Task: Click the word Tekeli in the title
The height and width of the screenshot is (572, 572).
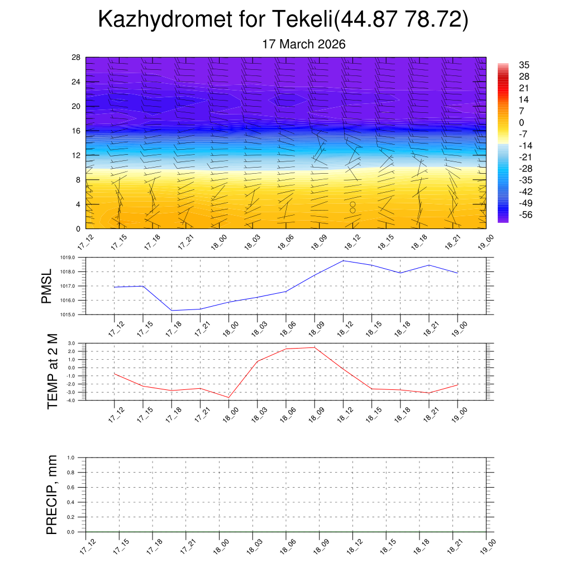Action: click(303, 20)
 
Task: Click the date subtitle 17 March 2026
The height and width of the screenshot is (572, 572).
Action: click(304, 44)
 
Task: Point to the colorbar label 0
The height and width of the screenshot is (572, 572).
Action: click(522, 123)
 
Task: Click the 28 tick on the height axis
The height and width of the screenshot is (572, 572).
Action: click(76, 58)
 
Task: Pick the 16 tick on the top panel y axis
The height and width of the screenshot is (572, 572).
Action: click(76, 131)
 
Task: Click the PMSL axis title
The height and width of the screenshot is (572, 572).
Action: click(47, 286)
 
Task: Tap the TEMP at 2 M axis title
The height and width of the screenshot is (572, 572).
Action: click(53, 371)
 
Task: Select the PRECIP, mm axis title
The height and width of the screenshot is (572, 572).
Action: click(52, 494)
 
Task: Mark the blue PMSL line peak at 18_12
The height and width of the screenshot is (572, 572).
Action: click(343, 261)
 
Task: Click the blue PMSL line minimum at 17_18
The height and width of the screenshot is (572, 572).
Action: click(171, 311)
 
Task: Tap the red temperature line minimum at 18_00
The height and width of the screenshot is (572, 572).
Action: click(228, 397)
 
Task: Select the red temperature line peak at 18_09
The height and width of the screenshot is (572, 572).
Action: click(314, 347)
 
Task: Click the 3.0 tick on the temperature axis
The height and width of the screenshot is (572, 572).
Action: click(72, 343)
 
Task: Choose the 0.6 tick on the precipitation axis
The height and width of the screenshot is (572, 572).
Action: click(71, 487)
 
